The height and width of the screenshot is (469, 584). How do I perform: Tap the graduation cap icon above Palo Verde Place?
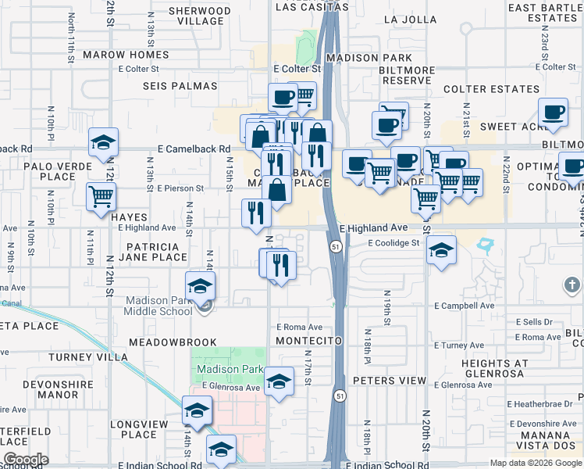click(x=103, y=143)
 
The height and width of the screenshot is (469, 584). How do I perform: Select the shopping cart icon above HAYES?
click(x=101, y=195)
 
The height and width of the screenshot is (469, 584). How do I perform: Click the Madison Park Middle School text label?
click(x=158, y=306)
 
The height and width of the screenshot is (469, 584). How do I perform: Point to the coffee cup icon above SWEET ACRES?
click(x=554, y=113)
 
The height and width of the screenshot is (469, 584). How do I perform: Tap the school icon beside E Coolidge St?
click(x=442, y=250)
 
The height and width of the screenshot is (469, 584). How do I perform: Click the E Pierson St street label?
click(x=180, y=188)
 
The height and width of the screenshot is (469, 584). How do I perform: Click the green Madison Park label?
click(x=228, y=369)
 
